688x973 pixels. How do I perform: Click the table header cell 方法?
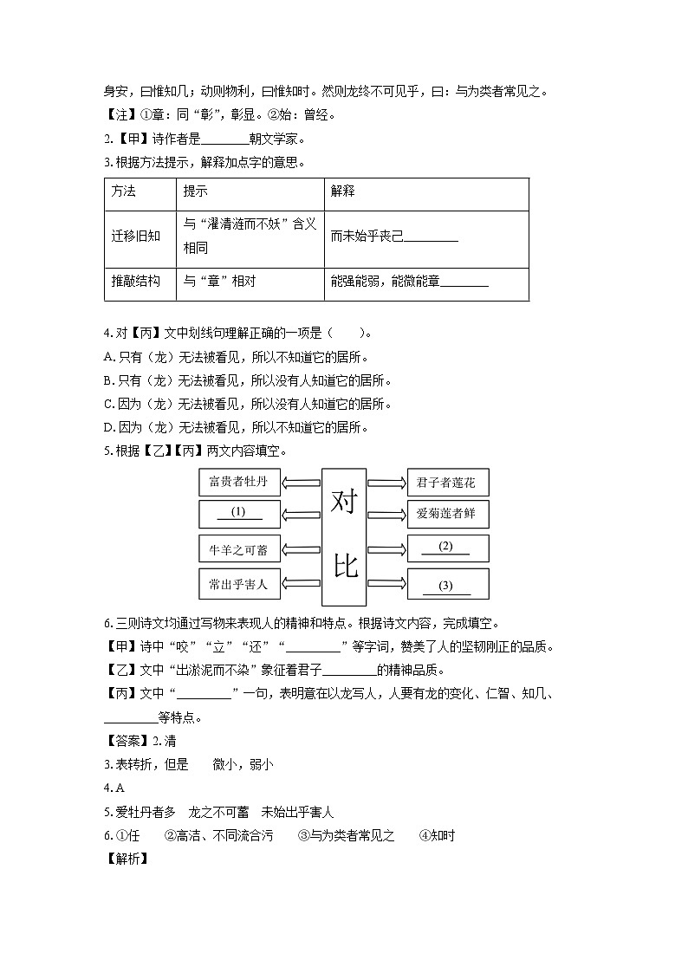tap(124, 191)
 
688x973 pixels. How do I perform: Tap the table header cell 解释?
tap(343, 191)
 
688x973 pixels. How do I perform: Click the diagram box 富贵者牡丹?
tap(239, 482)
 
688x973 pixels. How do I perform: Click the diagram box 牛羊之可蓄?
tap(239, 549)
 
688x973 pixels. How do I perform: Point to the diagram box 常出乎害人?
tap(239, 585)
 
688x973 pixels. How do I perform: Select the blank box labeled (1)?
tap(239, 514)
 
